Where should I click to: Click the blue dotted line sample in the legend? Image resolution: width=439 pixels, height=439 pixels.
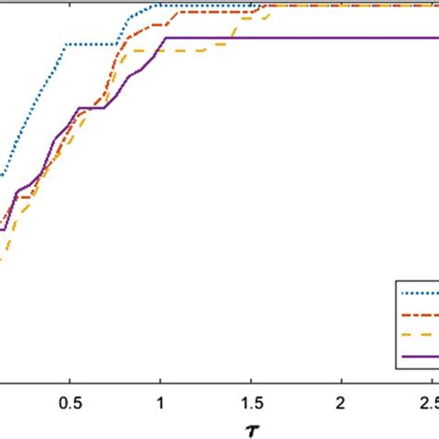pos(420,293)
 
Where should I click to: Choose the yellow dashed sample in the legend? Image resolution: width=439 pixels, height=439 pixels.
pos(420,335)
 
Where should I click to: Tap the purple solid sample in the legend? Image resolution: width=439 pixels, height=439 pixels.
pos(420,357)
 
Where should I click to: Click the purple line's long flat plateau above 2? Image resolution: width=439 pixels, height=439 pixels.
pos(342,38)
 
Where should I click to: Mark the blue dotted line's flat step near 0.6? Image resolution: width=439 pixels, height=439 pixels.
pos(90,44)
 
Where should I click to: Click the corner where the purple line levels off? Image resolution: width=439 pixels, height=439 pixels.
pos(164,38)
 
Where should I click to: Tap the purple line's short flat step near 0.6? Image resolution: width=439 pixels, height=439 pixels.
pos(91,108)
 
